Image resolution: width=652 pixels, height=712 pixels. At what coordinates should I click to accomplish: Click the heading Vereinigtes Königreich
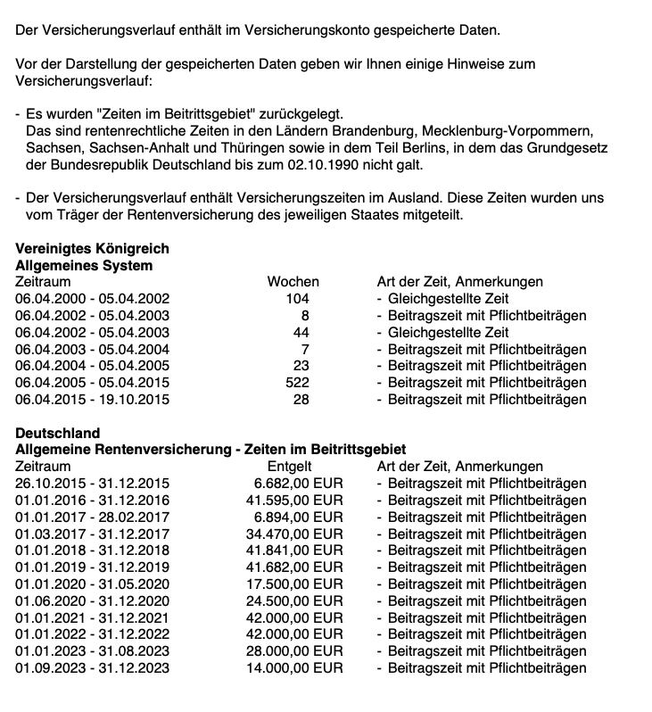tap(92, 249)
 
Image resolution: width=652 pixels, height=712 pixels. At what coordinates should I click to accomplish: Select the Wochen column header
tap(293, 282)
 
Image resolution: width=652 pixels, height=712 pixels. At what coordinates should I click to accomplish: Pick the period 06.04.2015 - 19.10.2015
tap(93, 400)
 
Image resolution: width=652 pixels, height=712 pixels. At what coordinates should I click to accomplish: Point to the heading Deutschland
tap(58, 434)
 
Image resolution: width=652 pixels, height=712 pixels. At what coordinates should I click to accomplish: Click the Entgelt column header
tap(290, 467)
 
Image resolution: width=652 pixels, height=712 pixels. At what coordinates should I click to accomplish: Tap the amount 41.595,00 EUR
tap(294, 501)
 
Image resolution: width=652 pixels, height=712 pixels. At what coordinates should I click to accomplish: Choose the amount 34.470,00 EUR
tap(294, 534)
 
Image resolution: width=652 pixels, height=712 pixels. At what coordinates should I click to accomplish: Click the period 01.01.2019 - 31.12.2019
tap(93, 567)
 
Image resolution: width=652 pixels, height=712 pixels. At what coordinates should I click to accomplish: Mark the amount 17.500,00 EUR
tap(294, 584)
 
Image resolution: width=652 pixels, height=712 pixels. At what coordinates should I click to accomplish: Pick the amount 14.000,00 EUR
tap(294, 668)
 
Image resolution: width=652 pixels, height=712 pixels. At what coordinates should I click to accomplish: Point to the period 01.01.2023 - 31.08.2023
tap(93, 651)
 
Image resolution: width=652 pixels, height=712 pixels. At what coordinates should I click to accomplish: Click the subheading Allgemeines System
tap(84, 265)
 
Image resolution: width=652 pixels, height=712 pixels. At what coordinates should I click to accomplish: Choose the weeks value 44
tap(301, 333)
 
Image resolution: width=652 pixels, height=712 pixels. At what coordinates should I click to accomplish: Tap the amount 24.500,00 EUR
tap(294, 600)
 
